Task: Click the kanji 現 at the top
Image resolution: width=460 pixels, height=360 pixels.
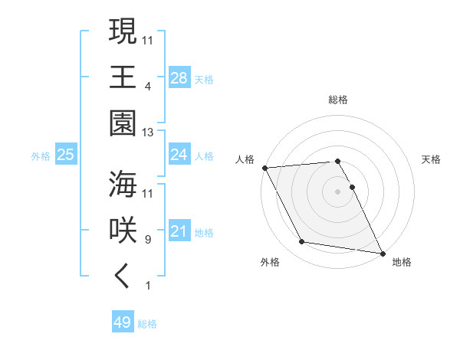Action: click(123, 32)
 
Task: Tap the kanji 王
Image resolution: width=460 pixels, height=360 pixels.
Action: click(123, 77)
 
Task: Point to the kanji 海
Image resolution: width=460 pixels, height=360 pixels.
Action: click(123, 185)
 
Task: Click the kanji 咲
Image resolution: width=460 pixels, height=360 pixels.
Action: click(123, 231)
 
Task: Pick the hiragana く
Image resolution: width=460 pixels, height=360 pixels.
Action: click(123, 277)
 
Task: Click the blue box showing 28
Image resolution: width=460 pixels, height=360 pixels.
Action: click(179, 78)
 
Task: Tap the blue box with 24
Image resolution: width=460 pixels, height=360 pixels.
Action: click(179, 155)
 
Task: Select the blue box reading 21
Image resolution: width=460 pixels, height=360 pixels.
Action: click(179, 231)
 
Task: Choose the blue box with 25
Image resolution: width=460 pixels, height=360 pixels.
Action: click(66, 155)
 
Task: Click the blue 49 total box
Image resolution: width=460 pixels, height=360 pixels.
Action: click(123, 322)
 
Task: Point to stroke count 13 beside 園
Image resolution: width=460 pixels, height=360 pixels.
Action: click(148, 133)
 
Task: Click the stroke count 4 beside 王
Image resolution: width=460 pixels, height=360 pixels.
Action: click(148, 86)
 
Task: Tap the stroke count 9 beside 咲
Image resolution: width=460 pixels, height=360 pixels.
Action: click(148, 240)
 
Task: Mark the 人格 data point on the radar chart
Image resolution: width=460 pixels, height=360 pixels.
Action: click(264, 168)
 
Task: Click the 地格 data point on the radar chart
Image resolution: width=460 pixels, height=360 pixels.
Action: click(381, 252)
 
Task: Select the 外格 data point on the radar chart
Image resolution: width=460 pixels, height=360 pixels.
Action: click(302, 242)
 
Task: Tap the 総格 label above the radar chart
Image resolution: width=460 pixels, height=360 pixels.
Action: click(338, 100)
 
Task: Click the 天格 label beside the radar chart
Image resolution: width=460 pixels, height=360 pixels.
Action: click(432, 159)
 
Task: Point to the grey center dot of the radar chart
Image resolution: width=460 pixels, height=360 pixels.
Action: click(338, 191)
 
